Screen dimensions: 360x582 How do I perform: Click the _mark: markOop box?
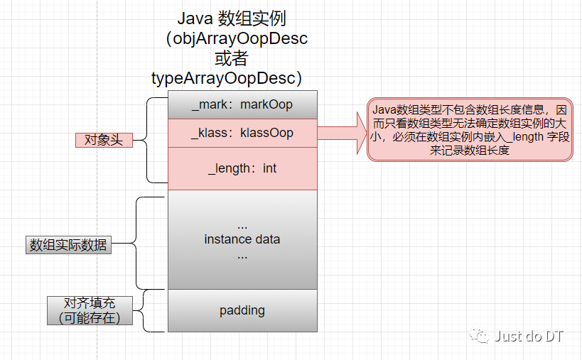click(242, 104)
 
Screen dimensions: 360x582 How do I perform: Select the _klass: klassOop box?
click(242, 133)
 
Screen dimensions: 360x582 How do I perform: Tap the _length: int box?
click(242, 168)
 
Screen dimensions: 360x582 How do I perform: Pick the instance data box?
click(242, 239)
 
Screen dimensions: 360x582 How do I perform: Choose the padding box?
click(242, 310)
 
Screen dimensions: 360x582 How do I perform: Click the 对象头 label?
click(104, 141)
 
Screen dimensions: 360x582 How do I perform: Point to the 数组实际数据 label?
click(68, 245)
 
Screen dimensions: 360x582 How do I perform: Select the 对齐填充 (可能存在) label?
click(90, 310)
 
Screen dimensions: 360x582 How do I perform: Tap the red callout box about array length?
click(470, 129)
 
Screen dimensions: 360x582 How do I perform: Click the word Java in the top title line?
click(193, 17)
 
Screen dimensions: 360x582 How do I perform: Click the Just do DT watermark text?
click(529, 336)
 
